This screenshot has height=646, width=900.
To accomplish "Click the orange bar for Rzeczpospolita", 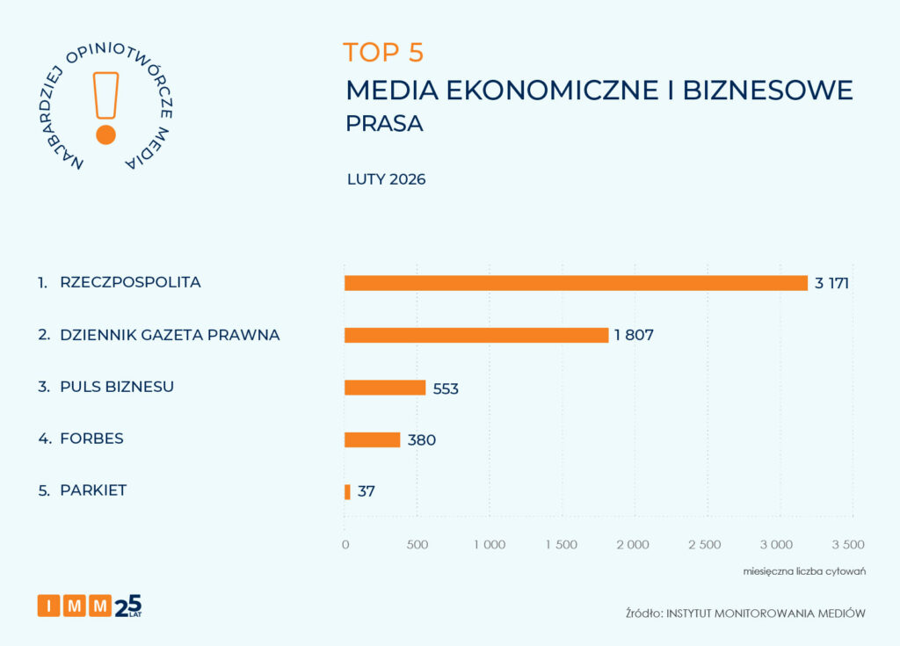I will click(576, 283).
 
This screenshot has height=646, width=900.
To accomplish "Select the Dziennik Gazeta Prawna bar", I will click(475, 335).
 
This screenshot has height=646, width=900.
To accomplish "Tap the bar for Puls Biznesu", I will click(385, 388).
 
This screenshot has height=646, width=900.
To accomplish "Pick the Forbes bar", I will click(372, 439).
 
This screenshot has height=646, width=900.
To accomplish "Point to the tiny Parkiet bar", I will click(347, 491).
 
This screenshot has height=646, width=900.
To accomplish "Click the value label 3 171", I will click(831, 283).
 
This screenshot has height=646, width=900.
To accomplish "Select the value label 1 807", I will click(635, 335).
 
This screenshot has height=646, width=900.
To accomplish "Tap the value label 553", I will click(446, 388).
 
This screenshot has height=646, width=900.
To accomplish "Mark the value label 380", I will click(421, 439).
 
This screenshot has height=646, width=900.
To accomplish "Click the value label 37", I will click(367, 491).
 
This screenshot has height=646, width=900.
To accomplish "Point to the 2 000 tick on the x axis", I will click(633, 544).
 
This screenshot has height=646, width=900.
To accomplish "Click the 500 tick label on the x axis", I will click(417, 544).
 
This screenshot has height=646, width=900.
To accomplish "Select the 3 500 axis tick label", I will click(848, 544).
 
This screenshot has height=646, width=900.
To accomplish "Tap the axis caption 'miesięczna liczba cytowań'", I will click(805, 572).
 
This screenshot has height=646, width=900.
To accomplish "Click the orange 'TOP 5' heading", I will click(383, 53).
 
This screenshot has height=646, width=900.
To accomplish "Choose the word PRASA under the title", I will click(384, 124).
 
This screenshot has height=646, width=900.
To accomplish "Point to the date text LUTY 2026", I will click(387, 179).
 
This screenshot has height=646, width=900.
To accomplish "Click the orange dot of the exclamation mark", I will click(106, 134).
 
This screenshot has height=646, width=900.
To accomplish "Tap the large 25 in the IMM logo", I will click(128, 605).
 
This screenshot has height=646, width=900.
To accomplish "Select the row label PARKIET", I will click(93, 490).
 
